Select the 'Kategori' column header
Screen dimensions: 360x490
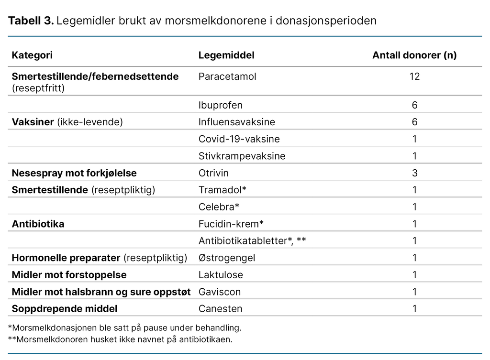[32, 55]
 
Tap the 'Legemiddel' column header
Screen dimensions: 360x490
[226, 55]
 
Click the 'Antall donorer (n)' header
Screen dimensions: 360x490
[414, 55]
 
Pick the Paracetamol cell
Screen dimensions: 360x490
[227, 76]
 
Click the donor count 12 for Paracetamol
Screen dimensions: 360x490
[414, 76]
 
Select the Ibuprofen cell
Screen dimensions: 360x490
[221, 105]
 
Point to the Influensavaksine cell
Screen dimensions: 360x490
[237, 122]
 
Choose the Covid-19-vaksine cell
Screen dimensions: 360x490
[239, 139]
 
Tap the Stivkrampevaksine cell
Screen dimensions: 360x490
[242, 156]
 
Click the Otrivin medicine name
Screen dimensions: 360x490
[213, 173]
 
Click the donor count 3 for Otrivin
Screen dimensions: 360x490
[414, 173]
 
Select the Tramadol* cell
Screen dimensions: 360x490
[223, 190]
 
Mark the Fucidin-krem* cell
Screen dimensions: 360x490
[231, 224]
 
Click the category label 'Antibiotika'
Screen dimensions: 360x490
[38, 224]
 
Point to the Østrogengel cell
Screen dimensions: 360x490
[227, 258]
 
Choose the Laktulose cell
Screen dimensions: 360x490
[221, 275]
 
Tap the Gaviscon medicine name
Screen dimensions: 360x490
[220, 292]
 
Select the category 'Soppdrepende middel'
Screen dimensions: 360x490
[64, 309]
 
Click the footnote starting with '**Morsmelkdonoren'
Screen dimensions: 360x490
[120, 340]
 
